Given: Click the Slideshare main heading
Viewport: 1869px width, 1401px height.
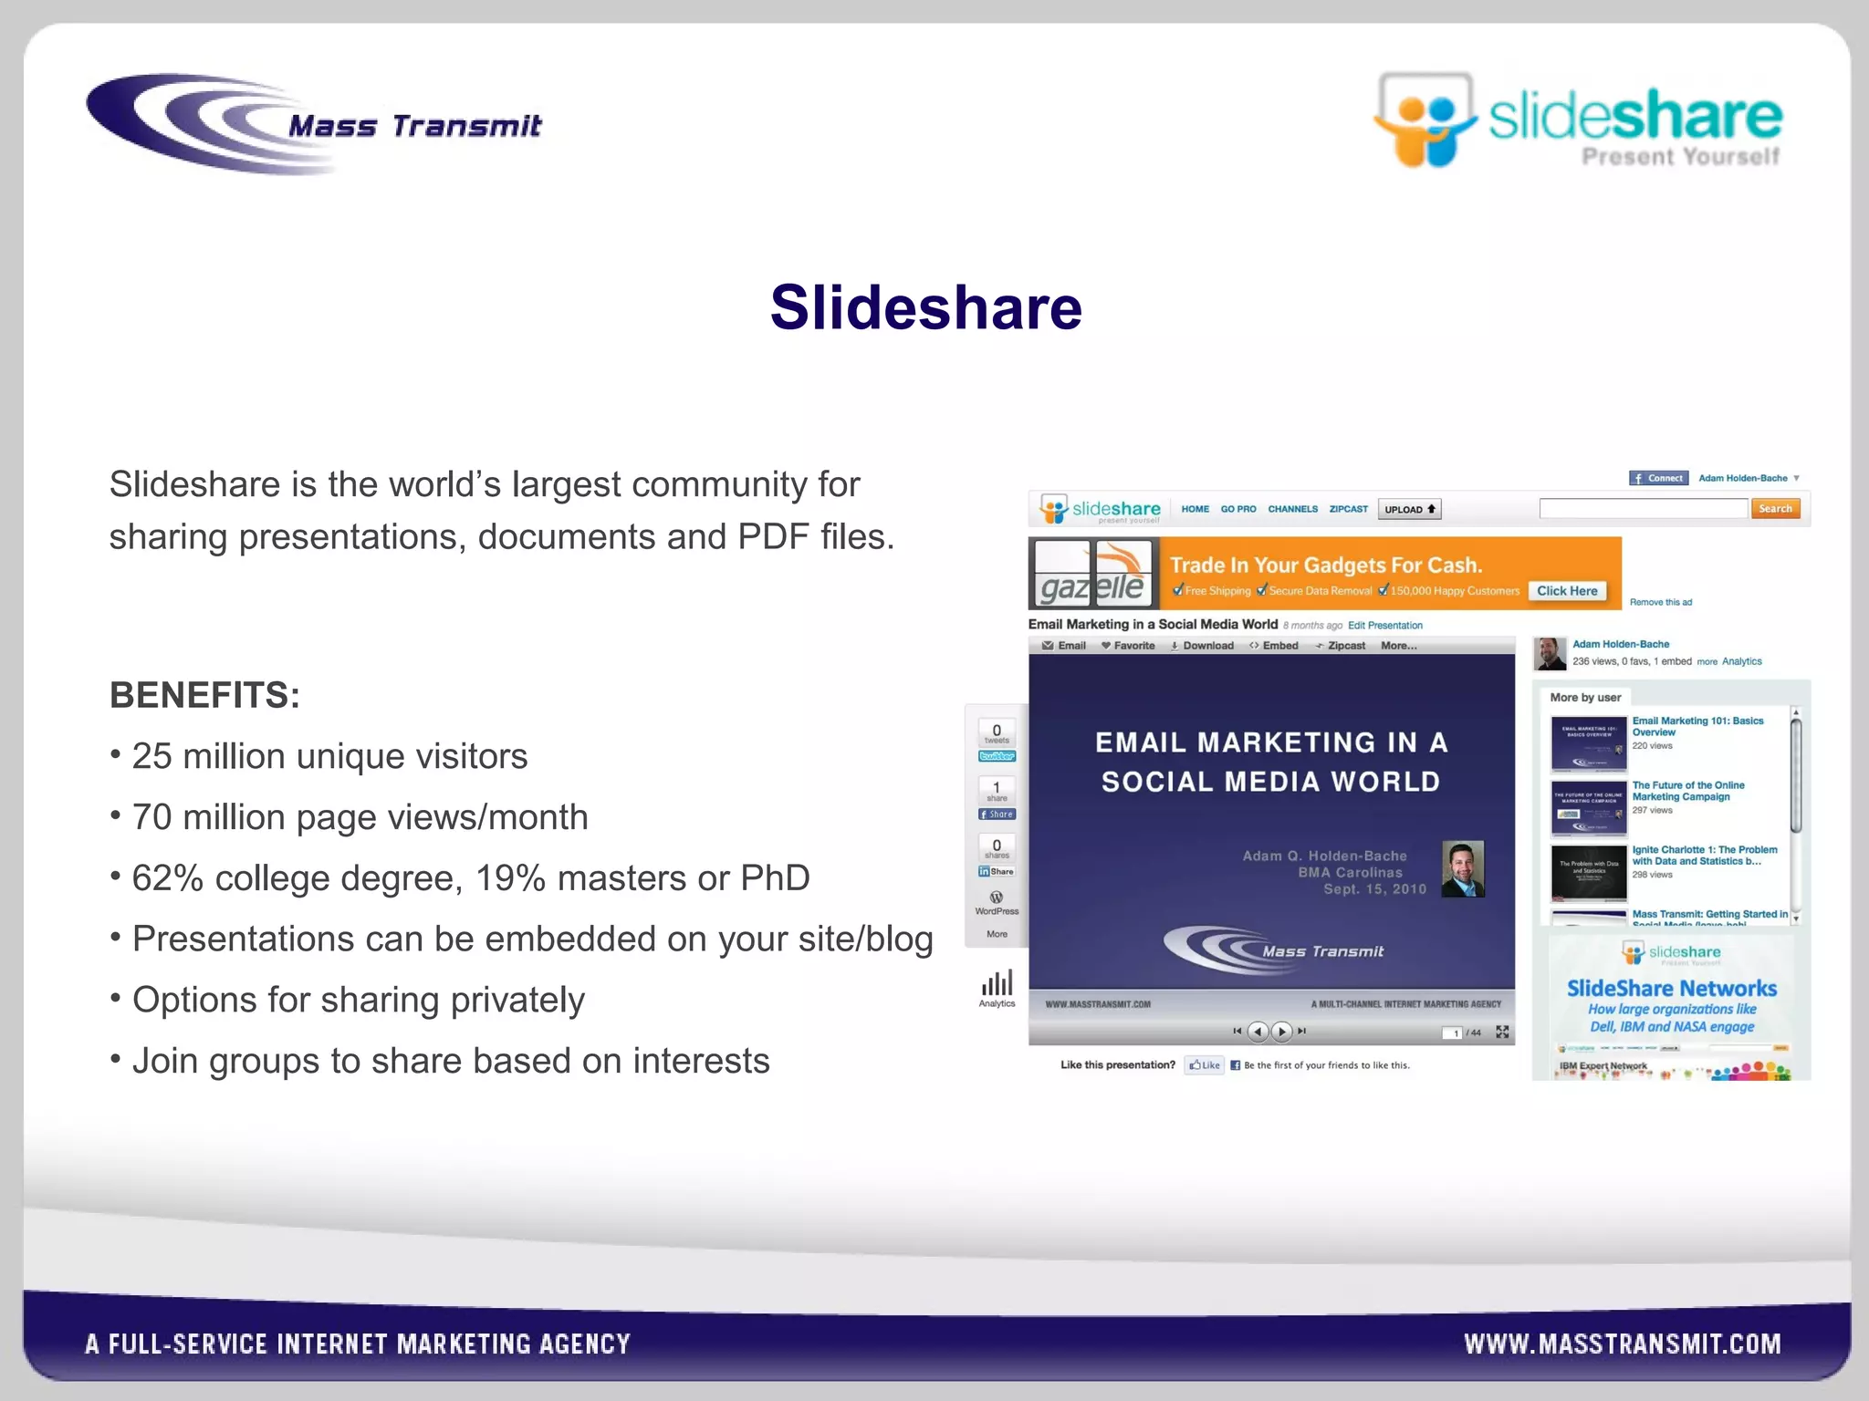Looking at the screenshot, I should tap(925, 307).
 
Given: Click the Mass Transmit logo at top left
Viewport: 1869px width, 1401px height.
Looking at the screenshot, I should tap(315, 125).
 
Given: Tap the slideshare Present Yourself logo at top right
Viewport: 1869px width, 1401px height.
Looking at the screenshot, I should tap(1578, 121).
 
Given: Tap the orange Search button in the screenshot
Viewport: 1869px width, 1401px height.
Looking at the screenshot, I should tap(1774, 509).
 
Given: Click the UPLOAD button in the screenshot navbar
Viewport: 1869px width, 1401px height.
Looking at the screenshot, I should tap(1409, 510).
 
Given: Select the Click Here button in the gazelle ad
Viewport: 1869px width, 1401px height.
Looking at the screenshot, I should tap(1566, 591).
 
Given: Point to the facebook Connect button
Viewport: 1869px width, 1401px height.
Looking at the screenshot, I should tap(1658, 478).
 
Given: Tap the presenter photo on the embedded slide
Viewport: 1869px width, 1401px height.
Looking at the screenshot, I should tap(1462, 869).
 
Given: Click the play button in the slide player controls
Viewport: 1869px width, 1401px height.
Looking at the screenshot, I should tap(1281, 1032).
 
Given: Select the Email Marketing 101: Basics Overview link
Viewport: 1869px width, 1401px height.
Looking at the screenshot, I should tap(1697, 726).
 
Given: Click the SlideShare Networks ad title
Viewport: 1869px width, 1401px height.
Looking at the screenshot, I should tap(1671, 989).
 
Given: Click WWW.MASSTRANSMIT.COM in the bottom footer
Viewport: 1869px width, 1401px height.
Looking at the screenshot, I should tap(1622, 1344).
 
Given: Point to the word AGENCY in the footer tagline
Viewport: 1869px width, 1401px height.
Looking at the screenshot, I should tap(584, 1344).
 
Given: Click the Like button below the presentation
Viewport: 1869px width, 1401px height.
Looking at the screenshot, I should tap(1204, 1065).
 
